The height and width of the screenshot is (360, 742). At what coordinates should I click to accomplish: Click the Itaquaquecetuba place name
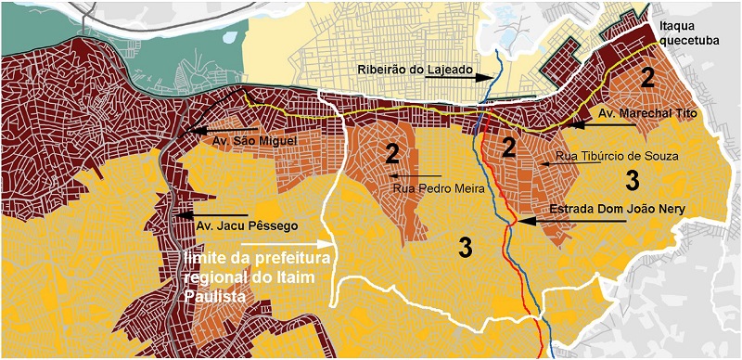pos(687,34)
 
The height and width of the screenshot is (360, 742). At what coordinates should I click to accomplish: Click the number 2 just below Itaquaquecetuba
pos(649,79)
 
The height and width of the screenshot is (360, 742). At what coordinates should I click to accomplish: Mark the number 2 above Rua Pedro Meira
pos(392,151)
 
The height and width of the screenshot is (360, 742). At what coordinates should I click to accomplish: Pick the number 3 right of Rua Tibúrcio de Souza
pos(631,178)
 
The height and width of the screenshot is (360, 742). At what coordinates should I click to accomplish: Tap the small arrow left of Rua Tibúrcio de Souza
pos(549,162)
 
